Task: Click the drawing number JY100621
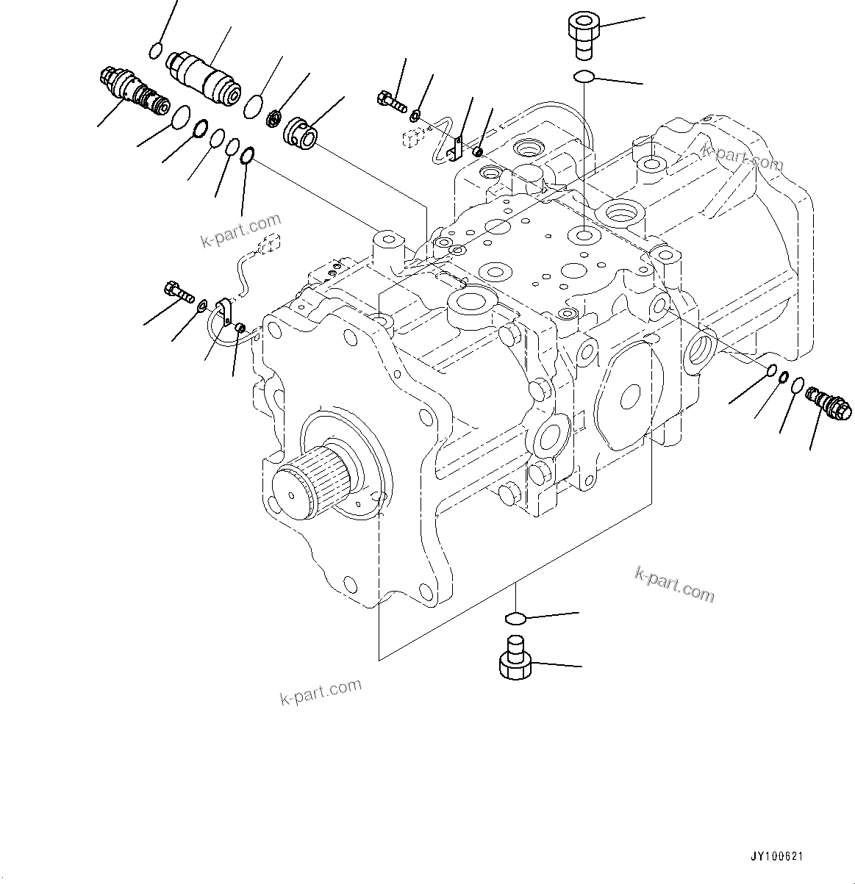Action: pos(777,857)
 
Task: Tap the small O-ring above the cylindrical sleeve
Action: pos(155,51)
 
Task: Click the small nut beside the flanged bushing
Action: pos(274,117)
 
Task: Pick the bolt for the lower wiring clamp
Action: pos(179,290)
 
